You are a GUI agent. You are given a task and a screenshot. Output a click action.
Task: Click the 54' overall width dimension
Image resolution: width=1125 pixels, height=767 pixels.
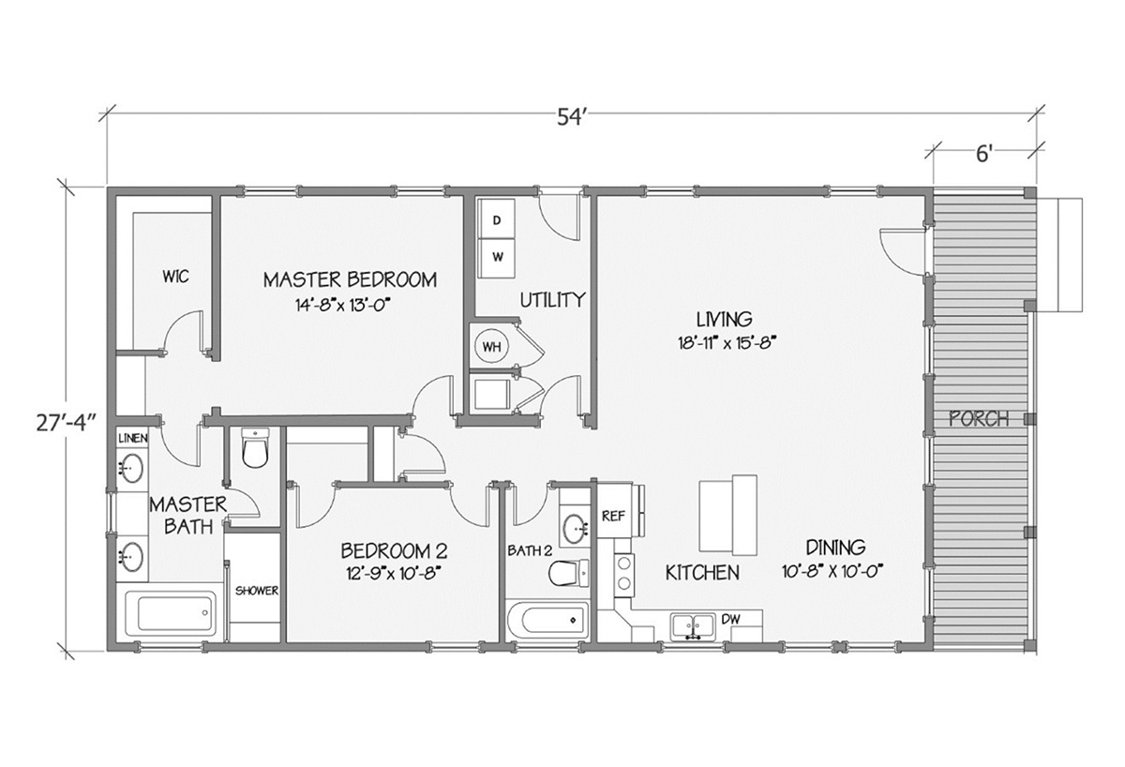point(572,117)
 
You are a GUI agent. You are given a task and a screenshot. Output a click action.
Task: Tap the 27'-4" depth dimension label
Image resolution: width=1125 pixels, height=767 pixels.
point(67,422)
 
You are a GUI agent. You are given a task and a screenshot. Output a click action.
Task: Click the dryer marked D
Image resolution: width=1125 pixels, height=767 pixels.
point(496,219)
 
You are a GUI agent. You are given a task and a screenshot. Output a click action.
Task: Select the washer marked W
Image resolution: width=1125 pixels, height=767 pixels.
point(497,258)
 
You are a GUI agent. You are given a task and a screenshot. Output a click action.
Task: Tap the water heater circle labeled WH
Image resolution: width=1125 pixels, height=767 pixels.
point(491,346)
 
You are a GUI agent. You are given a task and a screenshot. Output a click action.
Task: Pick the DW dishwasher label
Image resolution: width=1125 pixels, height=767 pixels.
point(730,619)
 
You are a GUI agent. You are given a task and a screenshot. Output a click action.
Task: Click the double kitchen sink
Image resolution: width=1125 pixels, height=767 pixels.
point(693,626)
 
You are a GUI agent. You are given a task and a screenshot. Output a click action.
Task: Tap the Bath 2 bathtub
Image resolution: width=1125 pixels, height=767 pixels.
point(547,620)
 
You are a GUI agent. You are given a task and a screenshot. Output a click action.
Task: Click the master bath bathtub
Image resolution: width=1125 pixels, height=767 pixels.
point(171,613)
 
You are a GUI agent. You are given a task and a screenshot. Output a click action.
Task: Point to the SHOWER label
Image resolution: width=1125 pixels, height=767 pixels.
point(257,591)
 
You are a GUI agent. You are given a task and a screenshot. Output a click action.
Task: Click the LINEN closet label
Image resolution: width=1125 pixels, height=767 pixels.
point(132,438)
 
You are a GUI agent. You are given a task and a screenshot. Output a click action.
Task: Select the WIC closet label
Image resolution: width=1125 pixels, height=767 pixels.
point(175,277)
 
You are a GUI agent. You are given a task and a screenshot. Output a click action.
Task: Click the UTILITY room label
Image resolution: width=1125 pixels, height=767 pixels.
point(552,300)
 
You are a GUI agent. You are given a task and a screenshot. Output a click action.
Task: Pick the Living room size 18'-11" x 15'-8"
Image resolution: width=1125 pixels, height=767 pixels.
point(724,343)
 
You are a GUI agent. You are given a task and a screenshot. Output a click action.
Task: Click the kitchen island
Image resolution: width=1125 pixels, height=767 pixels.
point(728,515)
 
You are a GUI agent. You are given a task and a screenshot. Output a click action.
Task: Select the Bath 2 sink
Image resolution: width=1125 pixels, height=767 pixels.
point(576,529)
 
